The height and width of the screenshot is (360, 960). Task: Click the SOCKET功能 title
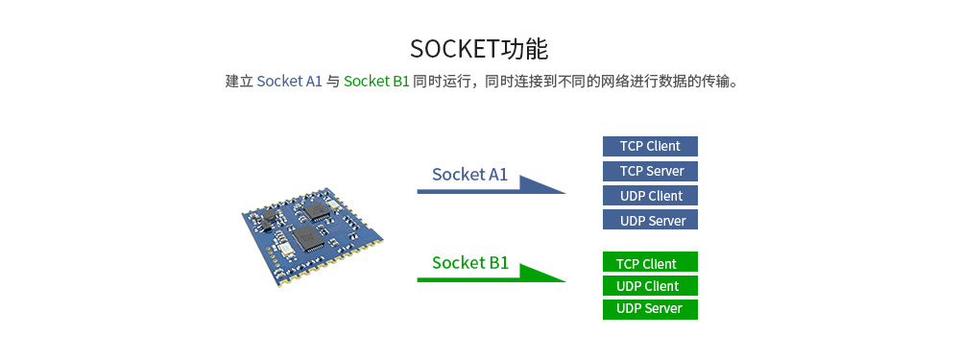click(x=479, y=49)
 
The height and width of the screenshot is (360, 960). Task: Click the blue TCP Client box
click(x=650, y=146)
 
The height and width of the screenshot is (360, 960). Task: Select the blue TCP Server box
click(x=650, y=171)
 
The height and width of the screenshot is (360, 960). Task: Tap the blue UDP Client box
click(x=650, y=196)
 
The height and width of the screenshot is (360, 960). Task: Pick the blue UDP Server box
click(x=650, y=221)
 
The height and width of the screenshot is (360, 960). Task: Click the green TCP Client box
click(x=650, y=263)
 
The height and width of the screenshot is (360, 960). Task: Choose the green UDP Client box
click(x=650, y=286)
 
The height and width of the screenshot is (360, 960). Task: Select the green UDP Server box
click(x=650, y=309)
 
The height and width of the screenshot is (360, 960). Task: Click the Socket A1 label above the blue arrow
click(x=469, y=175)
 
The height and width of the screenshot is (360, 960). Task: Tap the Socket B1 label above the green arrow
click(x=469, y=263)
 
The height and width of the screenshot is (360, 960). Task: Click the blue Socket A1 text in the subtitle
click(x=289, y=82)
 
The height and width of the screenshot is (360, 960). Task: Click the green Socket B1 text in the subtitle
click(x=376, y=82)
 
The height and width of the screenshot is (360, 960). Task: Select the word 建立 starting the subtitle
click(x=239, y=82)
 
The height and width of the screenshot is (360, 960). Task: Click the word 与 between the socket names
click(x=333, y=82)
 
